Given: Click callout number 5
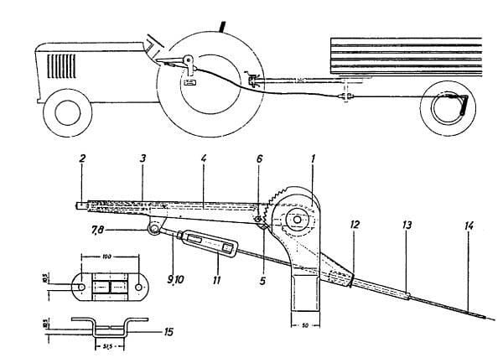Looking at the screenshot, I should pyautogui.click(x=262, y=283).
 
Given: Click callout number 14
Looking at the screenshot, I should pyautogui.click(x=467, y=226).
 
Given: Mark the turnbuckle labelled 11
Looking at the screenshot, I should pyautogui.click(x=206, y=243).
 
